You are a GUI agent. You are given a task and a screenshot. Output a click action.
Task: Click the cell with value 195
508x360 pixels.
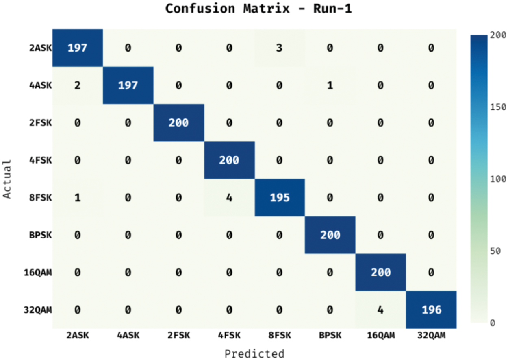[x=280, y=198]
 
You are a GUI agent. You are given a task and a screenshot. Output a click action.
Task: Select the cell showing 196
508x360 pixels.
[x=431, y=310]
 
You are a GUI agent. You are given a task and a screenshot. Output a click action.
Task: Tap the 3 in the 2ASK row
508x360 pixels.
[x=280, y=48]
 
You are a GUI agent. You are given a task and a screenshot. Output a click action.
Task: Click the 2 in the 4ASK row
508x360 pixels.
[x=77, y=86]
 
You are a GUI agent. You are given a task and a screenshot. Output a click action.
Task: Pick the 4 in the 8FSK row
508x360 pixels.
[x=229, y=198]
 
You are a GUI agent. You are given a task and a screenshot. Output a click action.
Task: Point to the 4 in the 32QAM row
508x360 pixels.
[x=381, y=310]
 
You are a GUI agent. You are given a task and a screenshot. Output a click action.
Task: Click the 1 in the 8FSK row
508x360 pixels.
[x=77, y=198]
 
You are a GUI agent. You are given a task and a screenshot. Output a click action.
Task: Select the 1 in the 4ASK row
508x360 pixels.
[x=330, y=86]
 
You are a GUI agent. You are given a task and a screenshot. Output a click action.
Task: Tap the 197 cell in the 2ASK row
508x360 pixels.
[x=77, y=48]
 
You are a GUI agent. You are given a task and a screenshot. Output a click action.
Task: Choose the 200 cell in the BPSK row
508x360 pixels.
[x=330, y=236]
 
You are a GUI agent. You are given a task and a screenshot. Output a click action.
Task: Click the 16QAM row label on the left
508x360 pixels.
[x=38, y=273]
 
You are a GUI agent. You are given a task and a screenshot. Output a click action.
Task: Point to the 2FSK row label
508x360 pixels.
[x=40, y=123]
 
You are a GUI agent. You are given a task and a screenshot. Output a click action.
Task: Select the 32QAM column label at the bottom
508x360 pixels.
[x=431, y=336]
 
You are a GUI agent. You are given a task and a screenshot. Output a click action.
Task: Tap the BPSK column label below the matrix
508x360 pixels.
[x=330, y=336]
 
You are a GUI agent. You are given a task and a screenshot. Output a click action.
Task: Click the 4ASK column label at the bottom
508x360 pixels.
[x=128, y=336]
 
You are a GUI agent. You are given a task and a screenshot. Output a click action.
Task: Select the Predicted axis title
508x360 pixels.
[x=254, y=353]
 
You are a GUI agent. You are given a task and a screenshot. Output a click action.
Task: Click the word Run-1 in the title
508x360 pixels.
[x=330, y=9]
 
